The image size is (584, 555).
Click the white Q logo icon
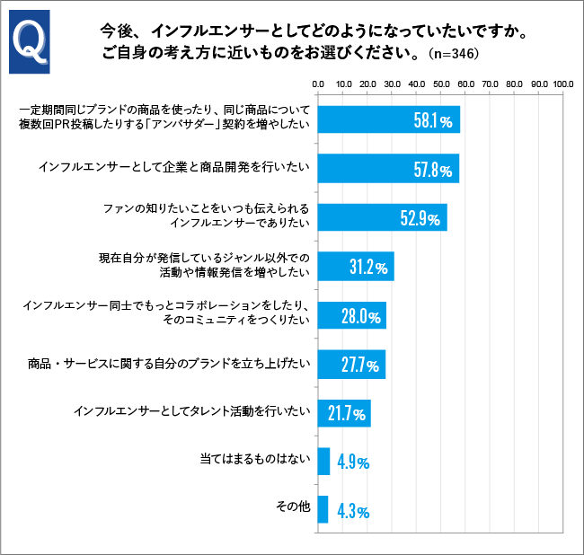point(30,42)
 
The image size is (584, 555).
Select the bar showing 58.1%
point(389,120)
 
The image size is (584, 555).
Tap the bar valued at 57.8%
point(388,168)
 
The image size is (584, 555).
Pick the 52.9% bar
point(382,217)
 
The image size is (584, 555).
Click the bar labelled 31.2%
point(356,266)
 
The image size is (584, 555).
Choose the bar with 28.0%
point(351,315)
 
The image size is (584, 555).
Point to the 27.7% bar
point(351,364)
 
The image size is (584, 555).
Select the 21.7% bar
point(344,413)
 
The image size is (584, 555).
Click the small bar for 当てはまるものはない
point(323,462)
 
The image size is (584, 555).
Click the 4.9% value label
point(353,462)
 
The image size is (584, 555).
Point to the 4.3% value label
point(353,511)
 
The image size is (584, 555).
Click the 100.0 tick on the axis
point(562,84)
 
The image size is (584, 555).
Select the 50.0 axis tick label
point(440,84)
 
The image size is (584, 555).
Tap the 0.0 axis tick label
point(318,84)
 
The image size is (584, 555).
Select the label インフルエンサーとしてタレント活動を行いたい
point(192,412)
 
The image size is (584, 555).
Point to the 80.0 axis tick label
point(514,84)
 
